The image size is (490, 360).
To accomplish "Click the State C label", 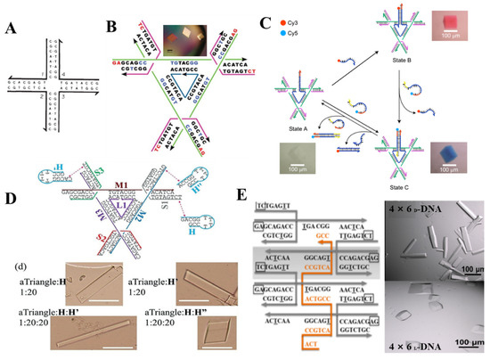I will pyautogui.click(x=415, y=178).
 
